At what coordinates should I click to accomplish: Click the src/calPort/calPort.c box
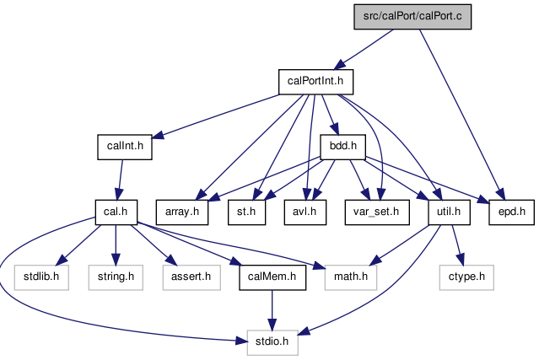click(x=412, y=17)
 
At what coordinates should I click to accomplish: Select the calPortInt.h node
click(x=315, y=82)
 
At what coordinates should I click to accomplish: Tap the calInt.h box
click(x=125, y=147)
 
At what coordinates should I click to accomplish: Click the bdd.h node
click(x=343, y=147)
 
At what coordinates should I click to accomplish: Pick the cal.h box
click(x=116, y=212)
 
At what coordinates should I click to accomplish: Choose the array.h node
click(x=182, y=212)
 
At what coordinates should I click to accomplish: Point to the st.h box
click(x=246, y=212)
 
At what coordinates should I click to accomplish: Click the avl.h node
click(x=305, y=212)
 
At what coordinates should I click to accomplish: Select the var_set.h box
click(x=377, y=212)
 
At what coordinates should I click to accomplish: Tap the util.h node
click(x=449, y=212)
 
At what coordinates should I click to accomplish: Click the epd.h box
click(x=511, y=212)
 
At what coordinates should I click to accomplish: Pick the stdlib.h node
click(x=41, y=277)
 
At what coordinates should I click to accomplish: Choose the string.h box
click(x=116, y=277)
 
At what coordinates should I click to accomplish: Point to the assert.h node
click(x=191, y=277)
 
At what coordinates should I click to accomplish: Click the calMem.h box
click(x=272, y=277)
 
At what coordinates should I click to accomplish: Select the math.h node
click(x=351, y=277)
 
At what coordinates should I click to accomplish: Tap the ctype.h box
click(x=466, y=277)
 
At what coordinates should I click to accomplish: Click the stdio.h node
click(x=272, y=342)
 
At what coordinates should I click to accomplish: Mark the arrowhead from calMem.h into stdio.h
click(x=272, y=325)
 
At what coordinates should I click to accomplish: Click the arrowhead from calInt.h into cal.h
click(x=118, y=194)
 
